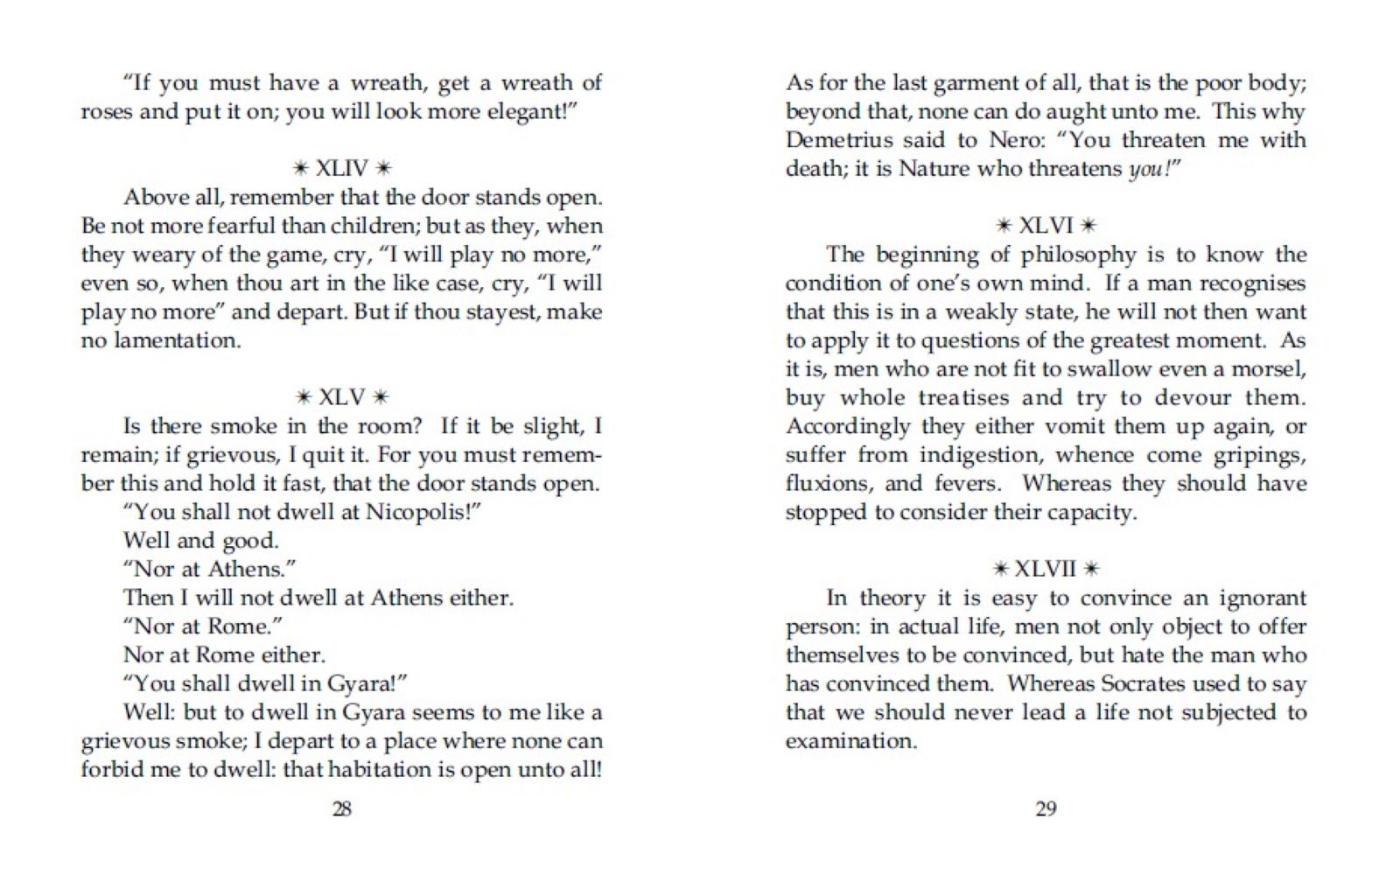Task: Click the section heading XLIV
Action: coord(342,168)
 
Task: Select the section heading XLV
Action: coord(342,397)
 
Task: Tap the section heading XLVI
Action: coord(1046,226)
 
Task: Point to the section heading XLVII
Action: coord(1046,569)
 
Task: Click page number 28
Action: coord(342,808)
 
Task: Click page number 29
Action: coord(1046,808)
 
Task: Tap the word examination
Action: coord(850,741)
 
